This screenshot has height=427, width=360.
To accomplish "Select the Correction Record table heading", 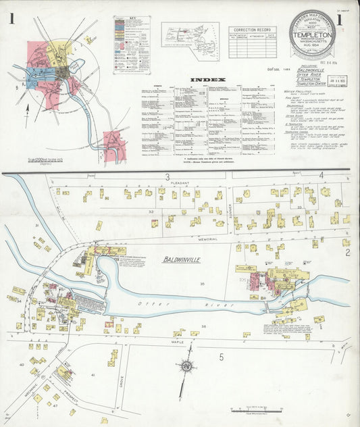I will pos(252,30).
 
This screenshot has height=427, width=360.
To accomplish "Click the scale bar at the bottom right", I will pos(254,410).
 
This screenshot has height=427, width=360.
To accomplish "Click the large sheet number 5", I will pos(221,357).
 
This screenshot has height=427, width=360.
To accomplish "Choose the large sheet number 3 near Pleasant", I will pos(166,177).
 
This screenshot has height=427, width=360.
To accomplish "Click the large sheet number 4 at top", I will pos(322,176).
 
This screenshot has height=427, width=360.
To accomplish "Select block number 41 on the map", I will pos(93,374).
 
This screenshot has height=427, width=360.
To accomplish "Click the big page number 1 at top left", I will pos(12,20).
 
